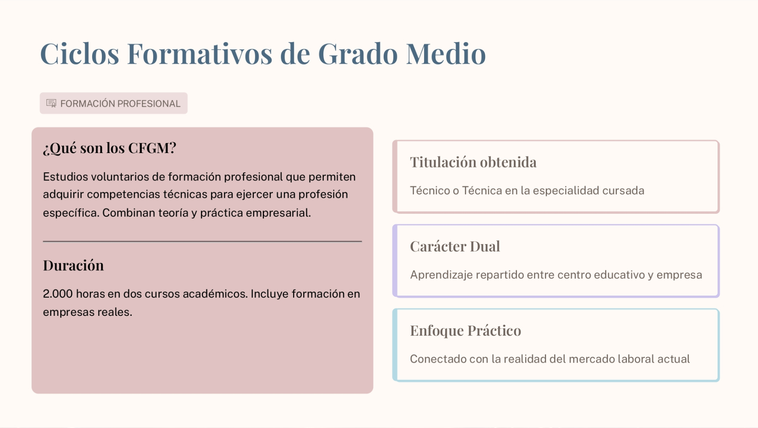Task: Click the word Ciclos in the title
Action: [80, 54]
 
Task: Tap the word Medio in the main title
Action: [446, 54]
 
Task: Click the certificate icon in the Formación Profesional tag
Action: [51, 103]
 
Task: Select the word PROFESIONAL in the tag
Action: [149, 104]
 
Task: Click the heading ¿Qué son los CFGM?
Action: [109, 148]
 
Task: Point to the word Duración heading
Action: [73, 265]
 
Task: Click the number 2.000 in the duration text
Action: [58, 294]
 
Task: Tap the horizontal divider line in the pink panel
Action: [202, 241]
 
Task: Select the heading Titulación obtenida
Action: [473, 162]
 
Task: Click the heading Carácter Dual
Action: [455, 246]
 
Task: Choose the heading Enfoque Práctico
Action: [465, 331]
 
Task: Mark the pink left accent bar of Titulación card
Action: [395, 177]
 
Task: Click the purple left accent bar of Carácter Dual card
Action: [395, 261]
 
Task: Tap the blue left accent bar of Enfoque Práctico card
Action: [395, 345]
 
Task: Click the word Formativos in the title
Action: [200, 54]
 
